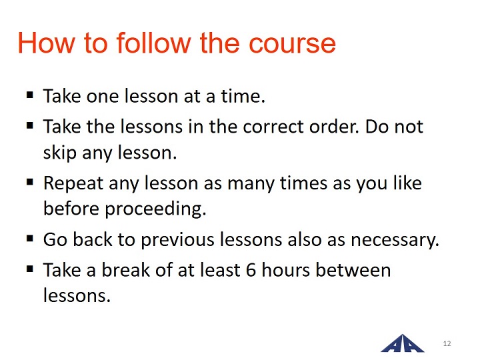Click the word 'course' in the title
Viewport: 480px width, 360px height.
pyautogui.click(x=293, y=43)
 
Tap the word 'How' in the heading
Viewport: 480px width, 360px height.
pyautogui.click(x=46, y=43)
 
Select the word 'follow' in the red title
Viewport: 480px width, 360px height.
pyautogui.click(x=154, y=43)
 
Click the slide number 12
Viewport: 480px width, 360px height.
pyautogui.click(x=447, y=343)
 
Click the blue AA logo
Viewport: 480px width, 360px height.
pyautogui.click(x=403, y=343)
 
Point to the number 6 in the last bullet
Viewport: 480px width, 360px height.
pyautogui.click(x=251, y=270)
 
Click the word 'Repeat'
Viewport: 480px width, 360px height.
pyautogui.click(x=73, y=184)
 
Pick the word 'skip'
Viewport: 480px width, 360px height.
pyautogui.click(x=60, y=153)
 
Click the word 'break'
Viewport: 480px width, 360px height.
pyautogui.click(x=126, y=270)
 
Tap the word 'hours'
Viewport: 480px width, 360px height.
pyautogui.click(x=285, y=270)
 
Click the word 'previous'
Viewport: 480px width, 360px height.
pyautogui.click(x=177, y=240)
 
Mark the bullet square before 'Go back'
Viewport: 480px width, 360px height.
pyautogui.click(x=30, y=238)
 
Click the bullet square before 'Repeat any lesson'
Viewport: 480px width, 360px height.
pyautogui.click(x=30, y=183)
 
